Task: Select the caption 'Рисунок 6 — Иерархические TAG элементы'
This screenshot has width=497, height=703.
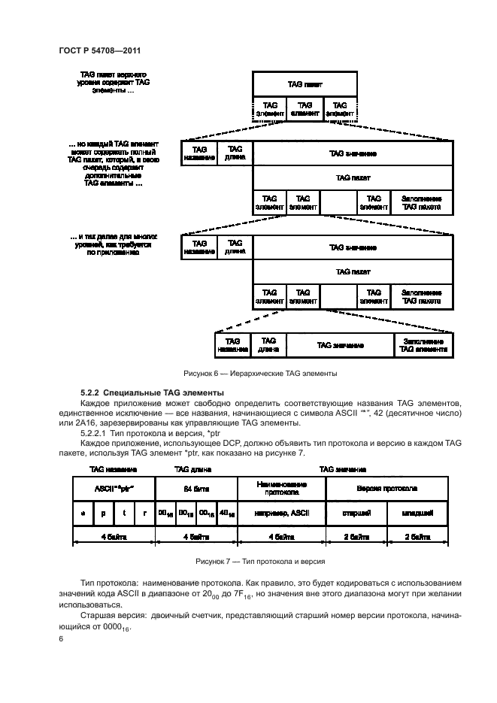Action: point(260,373)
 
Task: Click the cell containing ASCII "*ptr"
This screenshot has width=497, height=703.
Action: point(113,489)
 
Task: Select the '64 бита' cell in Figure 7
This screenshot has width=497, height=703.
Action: point(195,489)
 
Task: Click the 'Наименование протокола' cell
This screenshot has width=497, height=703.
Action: point(281,489)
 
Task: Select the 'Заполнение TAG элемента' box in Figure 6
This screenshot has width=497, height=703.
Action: point(424,345)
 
